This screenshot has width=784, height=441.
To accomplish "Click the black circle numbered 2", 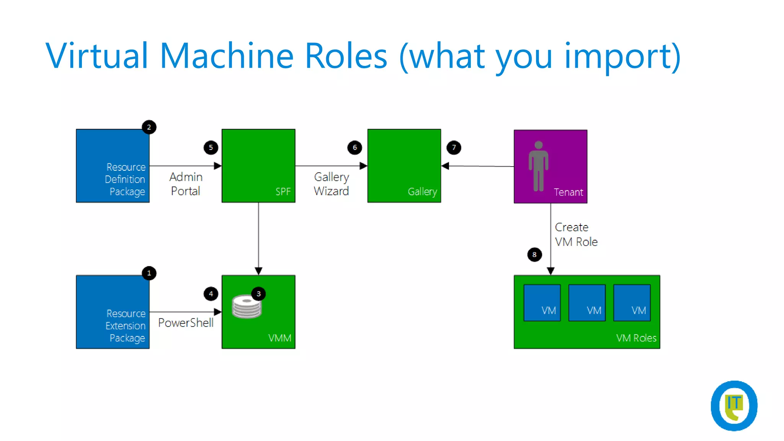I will coord(149,127).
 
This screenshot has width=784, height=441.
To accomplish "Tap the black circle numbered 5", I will coord(211,147).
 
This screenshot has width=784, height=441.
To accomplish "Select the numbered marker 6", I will coord(354,147).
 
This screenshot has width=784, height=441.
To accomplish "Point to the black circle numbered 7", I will coord(454,147).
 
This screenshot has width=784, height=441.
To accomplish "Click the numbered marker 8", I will coord(534,255).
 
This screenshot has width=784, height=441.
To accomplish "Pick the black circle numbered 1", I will coord(149,273).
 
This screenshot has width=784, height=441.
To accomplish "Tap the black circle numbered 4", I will coord(211,294).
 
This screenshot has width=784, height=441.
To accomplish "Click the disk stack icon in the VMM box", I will coord(246,307).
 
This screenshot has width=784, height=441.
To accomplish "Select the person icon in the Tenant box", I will coord(538,166).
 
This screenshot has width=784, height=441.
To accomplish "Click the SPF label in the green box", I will coord(283,191).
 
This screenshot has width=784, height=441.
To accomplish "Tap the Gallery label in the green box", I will coord(422,191).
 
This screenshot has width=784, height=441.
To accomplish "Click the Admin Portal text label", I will coord(186,184).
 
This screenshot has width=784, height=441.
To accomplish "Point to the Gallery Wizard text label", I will coord(331,184).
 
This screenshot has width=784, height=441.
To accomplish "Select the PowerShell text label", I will coord(186,323).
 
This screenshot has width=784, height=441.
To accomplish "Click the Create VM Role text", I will coord(576,234).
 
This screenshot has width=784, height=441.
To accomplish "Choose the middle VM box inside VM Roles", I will coord(587,302).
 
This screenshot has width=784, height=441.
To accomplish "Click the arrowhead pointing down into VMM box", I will coord(258,271).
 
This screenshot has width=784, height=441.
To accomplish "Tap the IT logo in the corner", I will coord(734,405).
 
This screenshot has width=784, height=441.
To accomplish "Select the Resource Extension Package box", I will coord(113,312).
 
